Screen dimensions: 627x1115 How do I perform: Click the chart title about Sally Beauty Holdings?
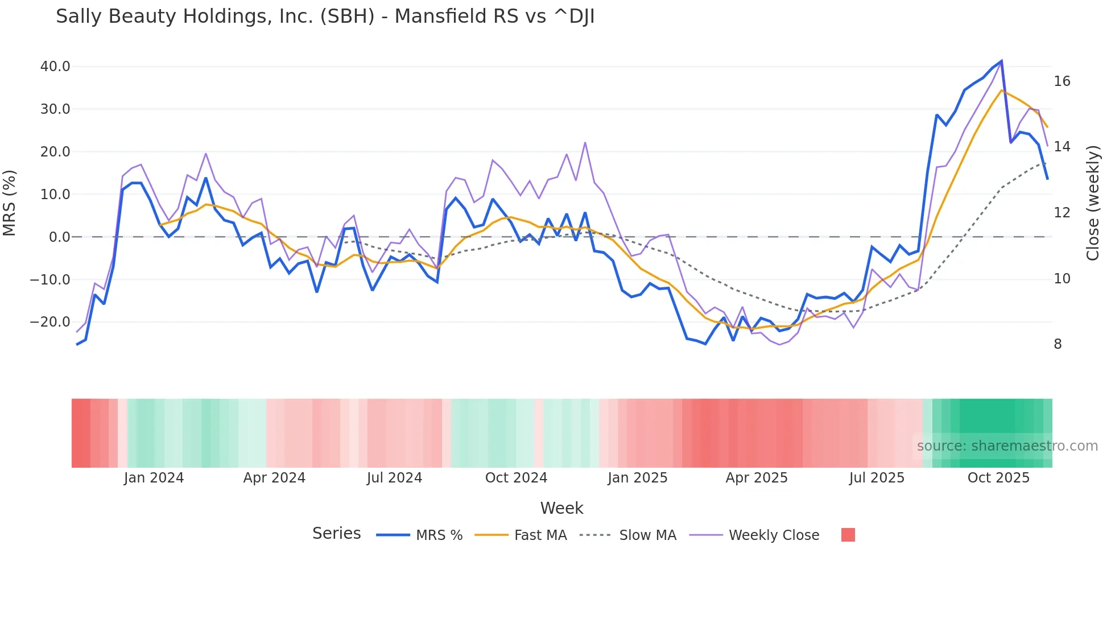point(325,16)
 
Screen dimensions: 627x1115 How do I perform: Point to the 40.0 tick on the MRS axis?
point(55,67)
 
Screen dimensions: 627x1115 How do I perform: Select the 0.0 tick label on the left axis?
point(60,237)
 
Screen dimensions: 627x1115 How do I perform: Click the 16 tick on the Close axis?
point(1062,81)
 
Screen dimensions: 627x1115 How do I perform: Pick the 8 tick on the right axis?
point(1058,344)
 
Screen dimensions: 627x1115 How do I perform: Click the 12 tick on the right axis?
point(1062,213)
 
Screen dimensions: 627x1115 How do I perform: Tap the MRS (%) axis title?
point(10,203)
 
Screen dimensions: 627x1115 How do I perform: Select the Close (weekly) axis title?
point(1092,203)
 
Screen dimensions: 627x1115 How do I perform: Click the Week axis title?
point(561,508)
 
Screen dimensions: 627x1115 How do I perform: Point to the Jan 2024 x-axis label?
point(154,478)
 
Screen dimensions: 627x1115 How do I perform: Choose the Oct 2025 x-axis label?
point(998,478)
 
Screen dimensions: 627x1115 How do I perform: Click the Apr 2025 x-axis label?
point(757,478)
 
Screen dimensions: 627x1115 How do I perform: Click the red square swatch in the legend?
point(848,535)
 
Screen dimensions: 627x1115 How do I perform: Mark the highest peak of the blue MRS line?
point(1001,61)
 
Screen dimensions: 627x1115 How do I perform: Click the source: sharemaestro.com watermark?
point(1007,446)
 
